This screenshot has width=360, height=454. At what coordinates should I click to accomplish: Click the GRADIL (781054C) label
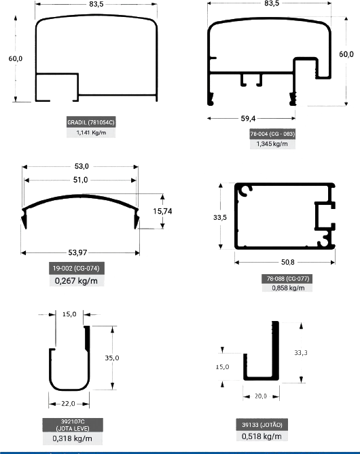pos(91,122)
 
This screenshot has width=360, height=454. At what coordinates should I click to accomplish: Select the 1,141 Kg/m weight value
pos(91,132)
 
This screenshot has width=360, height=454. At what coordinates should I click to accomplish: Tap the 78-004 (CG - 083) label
pos(272,134)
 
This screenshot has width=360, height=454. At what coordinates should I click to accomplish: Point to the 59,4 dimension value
pos(248,119)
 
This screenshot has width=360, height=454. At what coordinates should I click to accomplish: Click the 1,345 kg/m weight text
pos(272,144)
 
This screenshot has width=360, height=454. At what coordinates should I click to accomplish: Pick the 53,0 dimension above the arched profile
pos(82,166)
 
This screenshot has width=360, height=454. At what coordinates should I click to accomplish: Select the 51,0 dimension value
pos(80,180)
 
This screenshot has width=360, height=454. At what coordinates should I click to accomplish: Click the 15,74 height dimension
pos(162,211)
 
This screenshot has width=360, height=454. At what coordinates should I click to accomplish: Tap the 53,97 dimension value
pos(77,252)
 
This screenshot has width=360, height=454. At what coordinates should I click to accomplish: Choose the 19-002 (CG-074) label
pos(76,269)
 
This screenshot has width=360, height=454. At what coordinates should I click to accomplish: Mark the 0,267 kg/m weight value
pos(76,280)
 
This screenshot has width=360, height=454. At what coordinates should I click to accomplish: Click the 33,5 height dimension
pos(220,217)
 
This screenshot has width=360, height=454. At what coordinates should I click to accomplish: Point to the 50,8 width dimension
pos(287,262)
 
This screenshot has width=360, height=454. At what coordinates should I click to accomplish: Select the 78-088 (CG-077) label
pos(288,278)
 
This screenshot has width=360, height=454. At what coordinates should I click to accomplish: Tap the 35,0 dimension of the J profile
pos(112,358)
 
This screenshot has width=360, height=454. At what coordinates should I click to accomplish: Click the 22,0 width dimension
pos(68,403)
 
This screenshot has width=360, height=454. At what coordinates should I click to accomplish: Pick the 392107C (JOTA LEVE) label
pos(73,425)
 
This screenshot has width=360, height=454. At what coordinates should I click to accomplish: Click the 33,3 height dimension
pos(301,353)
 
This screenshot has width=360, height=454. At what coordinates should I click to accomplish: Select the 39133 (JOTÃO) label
pos(262,425)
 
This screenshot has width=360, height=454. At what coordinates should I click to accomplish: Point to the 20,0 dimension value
pos(261,396)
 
